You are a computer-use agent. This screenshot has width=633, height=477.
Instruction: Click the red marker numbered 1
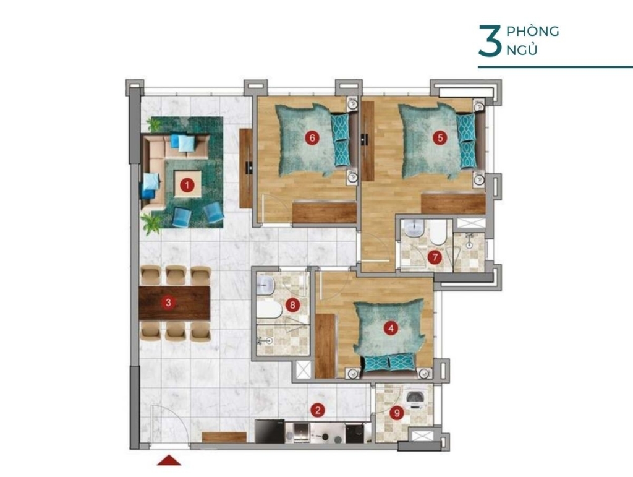[x=187, y=186]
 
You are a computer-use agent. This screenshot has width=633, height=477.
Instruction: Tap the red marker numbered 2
[x=318, y=410]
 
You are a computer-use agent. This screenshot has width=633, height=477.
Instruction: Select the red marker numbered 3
[x=168, y=302]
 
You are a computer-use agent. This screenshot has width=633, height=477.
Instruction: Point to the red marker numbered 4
[x=391, y=329]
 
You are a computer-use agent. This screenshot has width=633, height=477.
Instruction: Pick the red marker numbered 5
[x=440, y=138]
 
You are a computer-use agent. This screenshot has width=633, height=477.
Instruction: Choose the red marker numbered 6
[x=312, y=138]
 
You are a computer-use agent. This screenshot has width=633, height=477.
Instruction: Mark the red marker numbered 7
[x=435, y=257]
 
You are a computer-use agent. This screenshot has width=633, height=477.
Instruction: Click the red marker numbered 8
[x=292, y=305]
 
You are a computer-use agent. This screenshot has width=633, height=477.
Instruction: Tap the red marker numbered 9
[x=397, y=413]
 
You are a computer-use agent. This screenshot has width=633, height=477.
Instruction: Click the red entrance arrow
[x=169, y=460]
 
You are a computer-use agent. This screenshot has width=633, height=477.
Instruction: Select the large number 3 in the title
[x=490, y=41]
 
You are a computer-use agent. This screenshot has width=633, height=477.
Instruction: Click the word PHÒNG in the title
[x=532, y=31]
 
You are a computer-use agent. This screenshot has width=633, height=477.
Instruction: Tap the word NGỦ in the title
[x=522, y=49]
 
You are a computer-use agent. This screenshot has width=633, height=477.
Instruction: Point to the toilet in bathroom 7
[x=438, y=232]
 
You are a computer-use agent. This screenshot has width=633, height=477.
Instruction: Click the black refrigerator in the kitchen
[x=270, y=431]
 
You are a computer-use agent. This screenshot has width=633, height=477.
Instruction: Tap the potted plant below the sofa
[x=151, y=224]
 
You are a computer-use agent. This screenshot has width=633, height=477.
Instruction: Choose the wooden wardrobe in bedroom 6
[x=324, y=212]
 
